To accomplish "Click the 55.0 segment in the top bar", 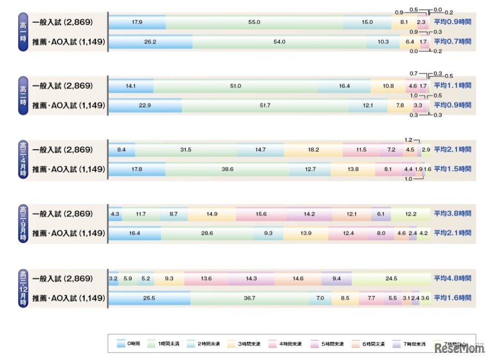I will click(254, 22).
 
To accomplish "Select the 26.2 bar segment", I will click(150, 41).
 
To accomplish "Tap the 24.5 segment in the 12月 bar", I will click(391, 279).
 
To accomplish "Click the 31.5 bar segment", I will click(185, 150).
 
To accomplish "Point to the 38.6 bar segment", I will click(228, 169).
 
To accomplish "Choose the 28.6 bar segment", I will click(207, 234).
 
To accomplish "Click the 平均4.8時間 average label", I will click(453, 279).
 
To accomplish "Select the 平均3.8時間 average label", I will click(453, 214).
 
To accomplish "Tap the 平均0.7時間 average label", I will click(453, 41).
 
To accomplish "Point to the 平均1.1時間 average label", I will click(453, 86).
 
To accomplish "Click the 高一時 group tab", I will click(22, 32).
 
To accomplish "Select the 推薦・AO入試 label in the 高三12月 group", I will click(68, 298).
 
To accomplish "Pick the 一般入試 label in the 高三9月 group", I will click(62, 214).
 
